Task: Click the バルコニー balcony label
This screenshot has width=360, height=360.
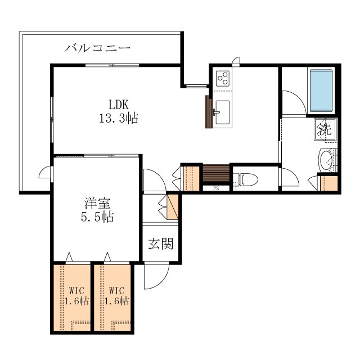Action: [97, 48]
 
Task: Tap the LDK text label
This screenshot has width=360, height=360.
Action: [119, 105]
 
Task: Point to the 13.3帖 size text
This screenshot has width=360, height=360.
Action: [119, 119]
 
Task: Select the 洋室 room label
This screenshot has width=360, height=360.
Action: [97, 203]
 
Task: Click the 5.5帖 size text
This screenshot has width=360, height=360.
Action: [97, 217]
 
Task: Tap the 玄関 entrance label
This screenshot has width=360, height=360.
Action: [160, 244]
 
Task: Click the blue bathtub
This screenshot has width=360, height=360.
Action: [321, 91]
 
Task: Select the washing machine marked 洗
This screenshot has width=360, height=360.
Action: [325, 129]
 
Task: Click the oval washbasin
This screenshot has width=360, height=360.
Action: [326, 160]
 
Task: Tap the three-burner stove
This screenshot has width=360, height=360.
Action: [223, 78]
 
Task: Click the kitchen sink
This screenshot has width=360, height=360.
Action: [222, 112]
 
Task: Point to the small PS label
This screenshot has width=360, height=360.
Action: [216, 188]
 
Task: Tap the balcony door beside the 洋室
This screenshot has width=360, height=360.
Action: [46, 173]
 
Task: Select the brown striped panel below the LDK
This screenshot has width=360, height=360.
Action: [216, 173]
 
